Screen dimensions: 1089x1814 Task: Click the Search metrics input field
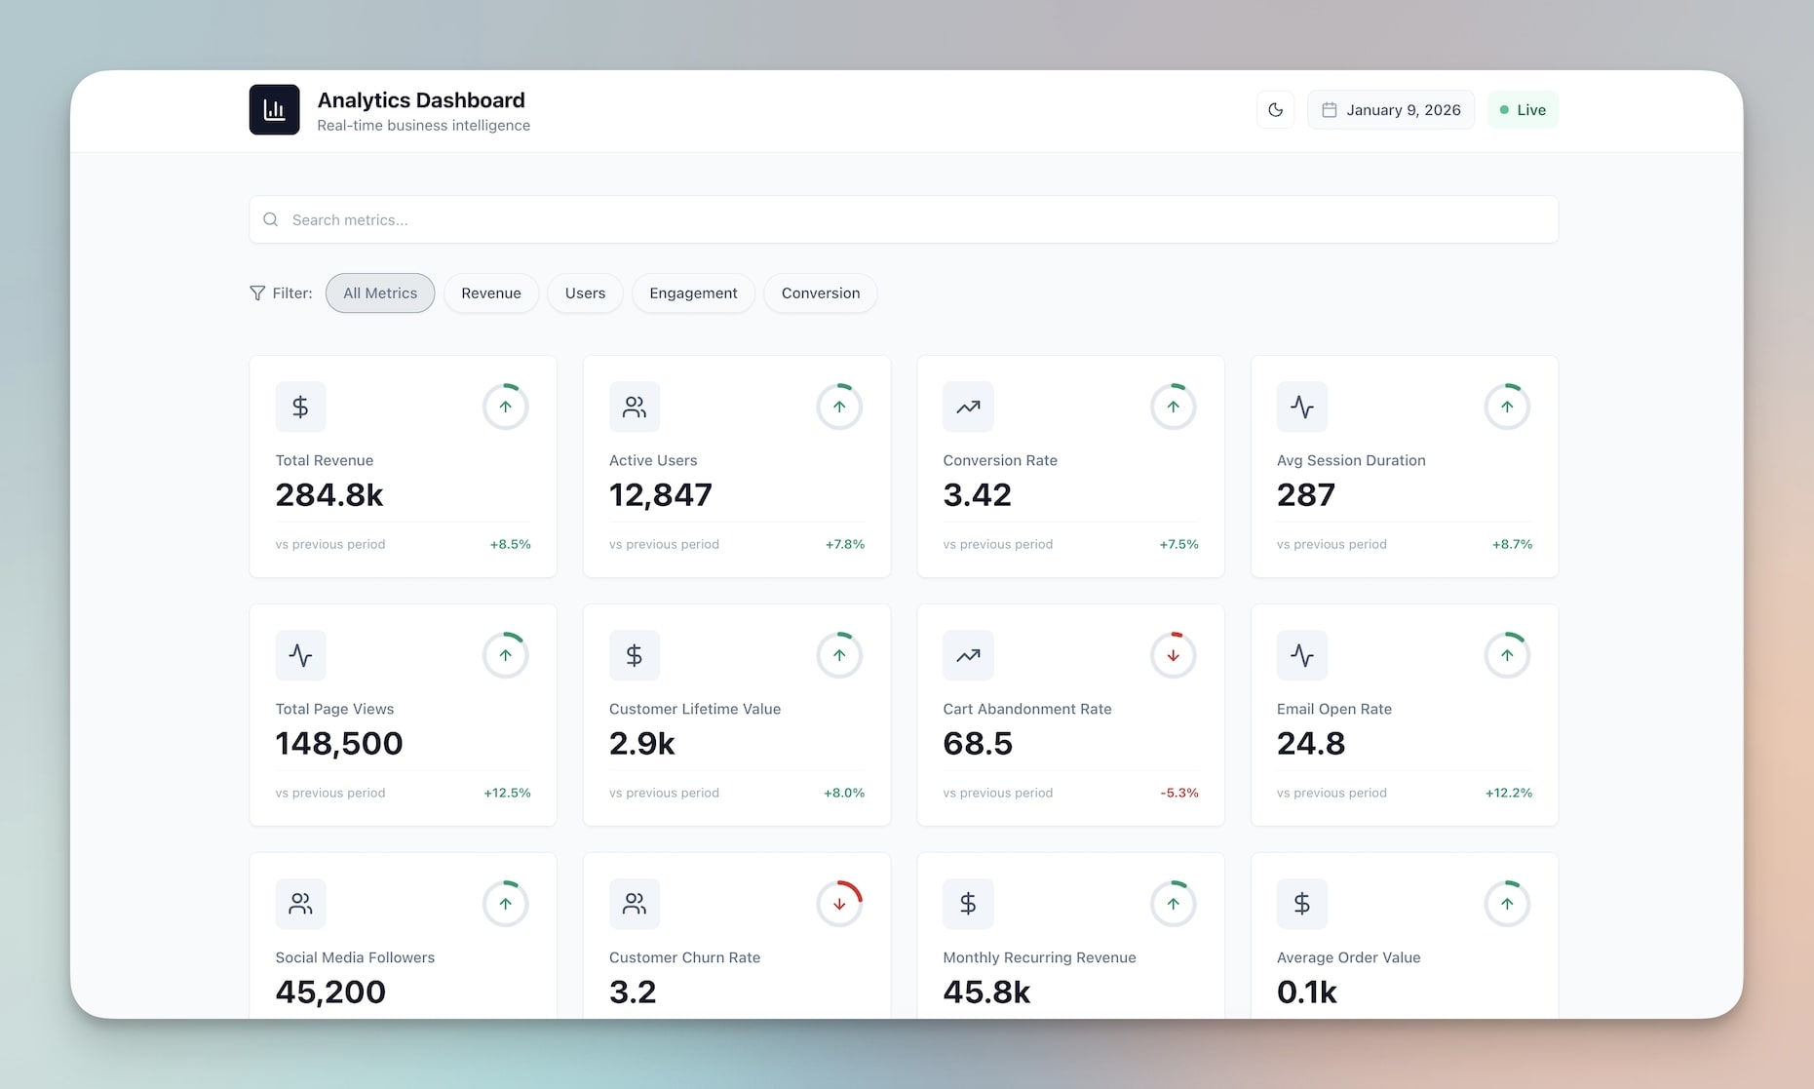click(x=903, y=219)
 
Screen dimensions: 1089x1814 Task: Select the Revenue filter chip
click(x=490, y=293)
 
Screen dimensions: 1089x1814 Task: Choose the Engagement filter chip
click(x=693, y=293)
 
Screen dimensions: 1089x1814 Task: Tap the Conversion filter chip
click(x=820, y=293)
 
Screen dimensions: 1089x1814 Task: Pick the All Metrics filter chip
click(x=380, y=293)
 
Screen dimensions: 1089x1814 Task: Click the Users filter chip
click(x=585, y=293)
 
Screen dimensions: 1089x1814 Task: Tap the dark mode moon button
click(x=1275, y=110)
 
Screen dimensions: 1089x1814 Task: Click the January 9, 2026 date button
click(x=1391, y=110)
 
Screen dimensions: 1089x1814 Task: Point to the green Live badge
click(x=1523, y=110)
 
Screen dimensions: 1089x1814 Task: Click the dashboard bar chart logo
click(x=274, y=110)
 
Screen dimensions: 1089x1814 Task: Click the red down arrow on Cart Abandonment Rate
click(x=1173, y=655)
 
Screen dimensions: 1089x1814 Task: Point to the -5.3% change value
click(x=1178, y=793)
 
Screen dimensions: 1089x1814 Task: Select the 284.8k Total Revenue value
click(x=329, y=495)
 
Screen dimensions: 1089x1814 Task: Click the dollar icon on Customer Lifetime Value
click(x=634, y=655)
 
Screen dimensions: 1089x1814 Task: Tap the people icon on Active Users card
click(x=634, y=407)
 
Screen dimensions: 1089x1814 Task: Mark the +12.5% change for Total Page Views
click(x=507, y=793)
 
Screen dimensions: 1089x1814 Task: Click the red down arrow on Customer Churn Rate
click(x=839, y=904)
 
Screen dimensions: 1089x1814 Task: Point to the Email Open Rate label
click(x=1333, y=709)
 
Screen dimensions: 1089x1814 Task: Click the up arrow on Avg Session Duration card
click(x=1507, y=407)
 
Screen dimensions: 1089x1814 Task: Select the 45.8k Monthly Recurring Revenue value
click(x=986, y=992)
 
